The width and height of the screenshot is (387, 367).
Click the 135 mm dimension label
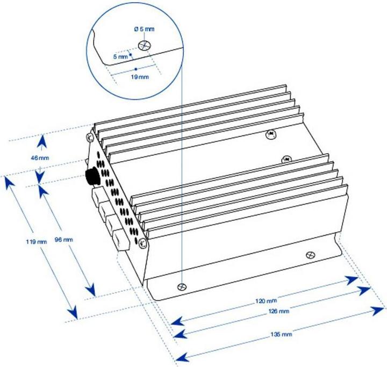[283, 334]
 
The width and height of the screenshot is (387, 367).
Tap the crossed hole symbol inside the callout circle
[144, 46]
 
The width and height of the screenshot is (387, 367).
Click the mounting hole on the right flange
[309, 255]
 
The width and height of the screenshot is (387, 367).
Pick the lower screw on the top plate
[287, 159]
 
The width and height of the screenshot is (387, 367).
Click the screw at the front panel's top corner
[91, 138]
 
